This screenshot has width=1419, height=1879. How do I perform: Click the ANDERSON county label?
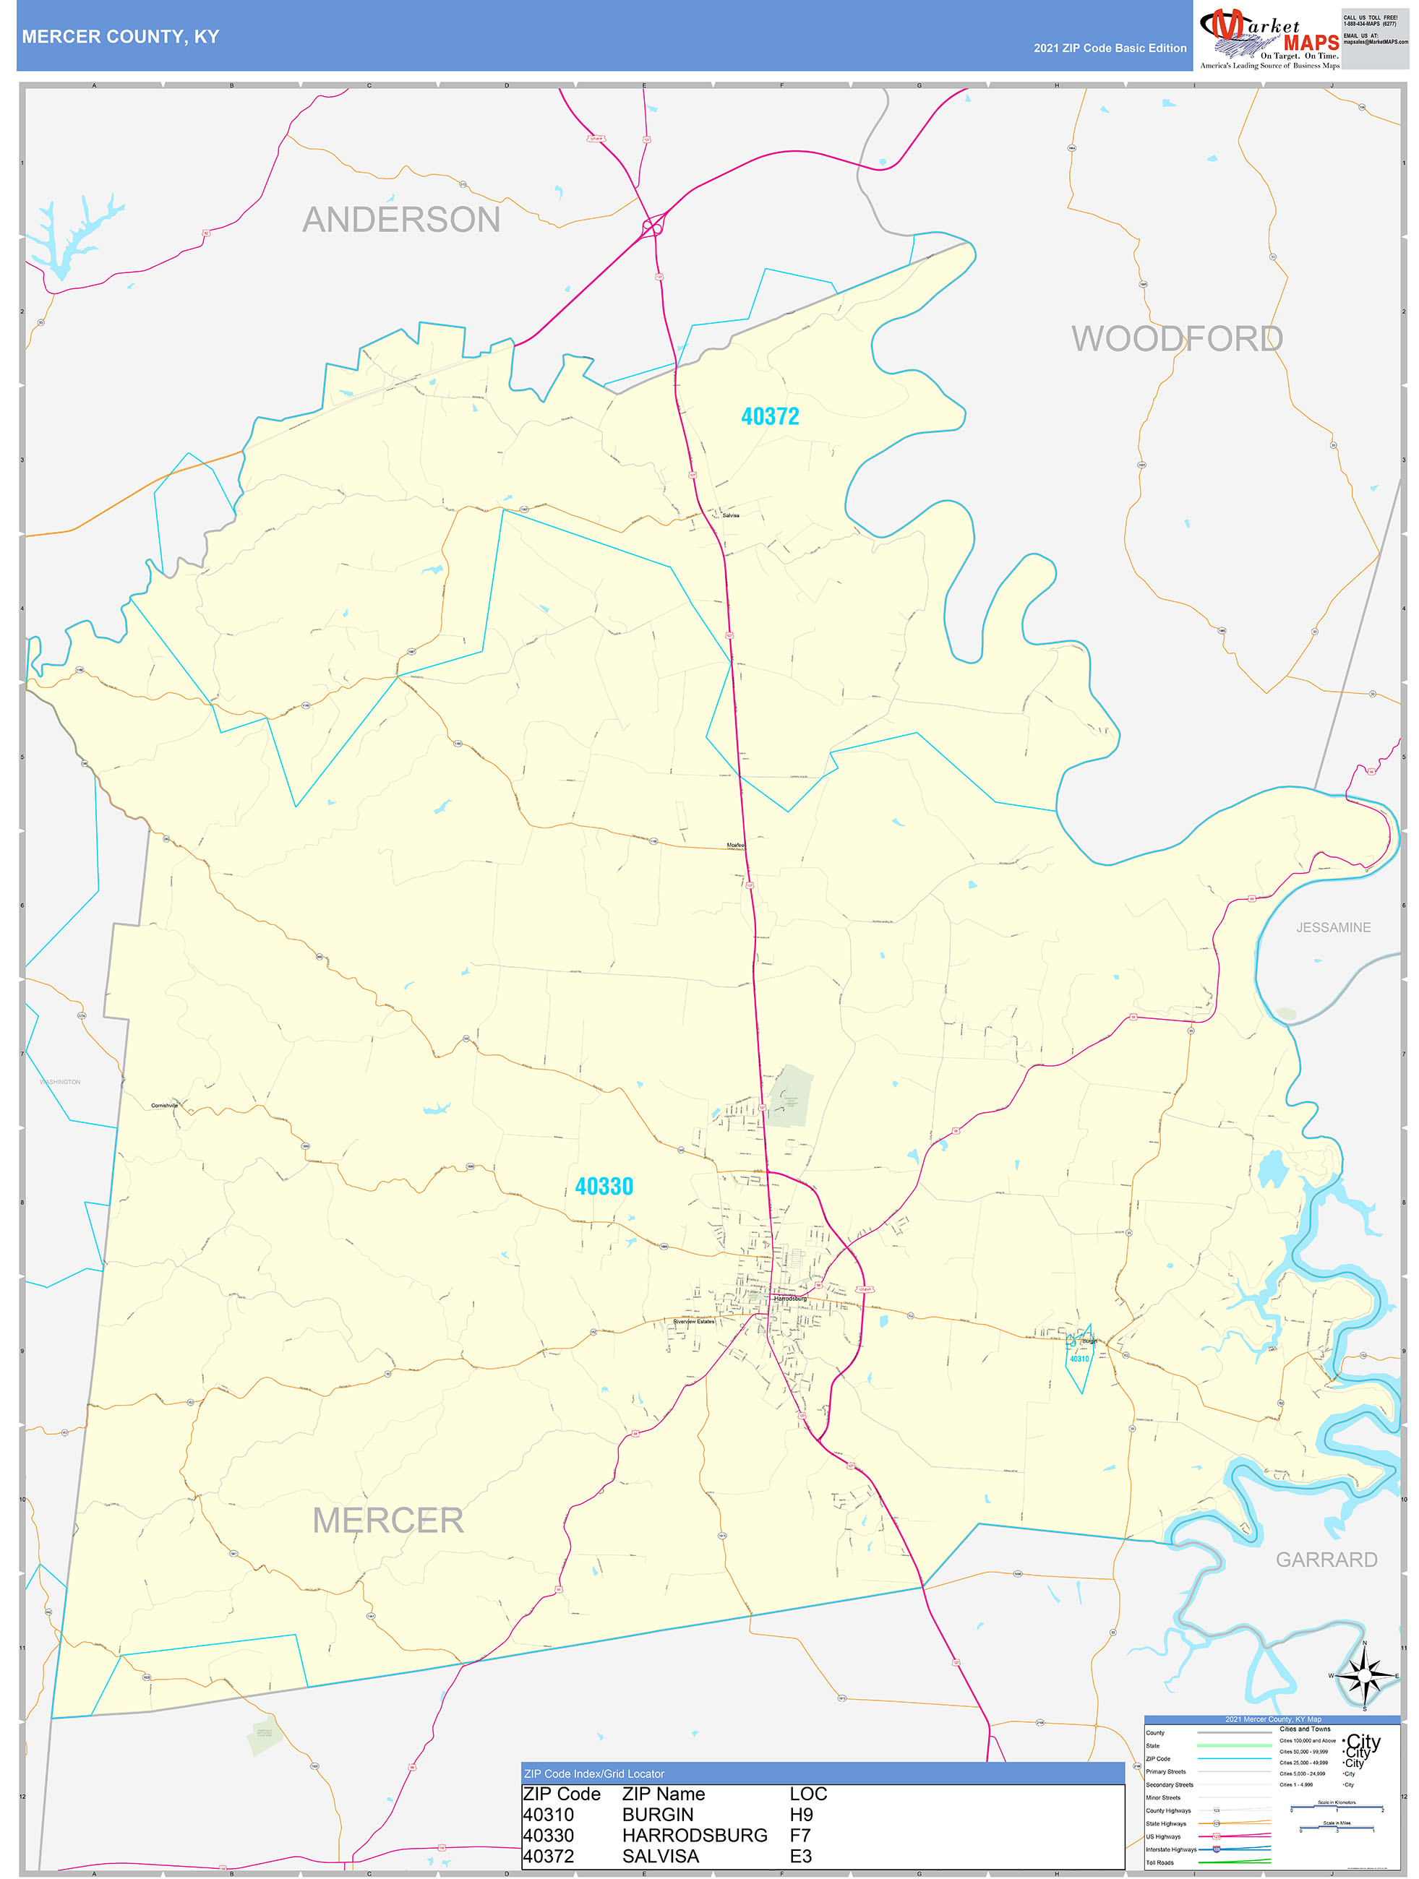coord(401,220)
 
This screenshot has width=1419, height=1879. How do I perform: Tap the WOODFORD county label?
coord(1177,339)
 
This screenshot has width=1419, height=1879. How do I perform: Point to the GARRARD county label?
coord(1326,1560)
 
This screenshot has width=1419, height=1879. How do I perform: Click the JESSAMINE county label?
coord(1333,928)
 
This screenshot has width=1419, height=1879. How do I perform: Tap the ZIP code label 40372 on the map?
coord(770,416)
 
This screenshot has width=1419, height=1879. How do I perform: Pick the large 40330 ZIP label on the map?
coord(604,1187)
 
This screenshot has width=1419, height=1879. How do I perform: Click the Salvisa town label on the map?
coord(731,515)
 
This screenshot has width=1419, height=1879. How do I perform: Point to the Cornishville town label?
coord(164,1105)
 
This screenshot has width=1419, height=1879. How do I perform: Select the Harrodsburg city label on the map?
coord(790,1298)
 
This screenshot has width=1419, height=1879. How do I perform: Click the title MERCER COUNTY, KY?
coord(121,37)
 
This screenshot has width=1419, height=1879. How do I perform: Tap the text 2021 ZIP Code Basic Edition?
coord(1110,48)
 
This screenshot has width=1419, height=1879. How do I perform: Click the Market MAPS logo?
coord(1269,38)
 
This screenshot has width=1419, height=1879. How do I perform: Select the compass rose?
coord(1365,1676)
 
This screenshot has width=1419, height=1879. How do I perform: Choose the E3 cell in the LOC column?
coord(800,1856)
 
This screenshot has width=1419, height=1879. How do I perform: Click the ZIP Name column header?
coord(664,1793)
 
